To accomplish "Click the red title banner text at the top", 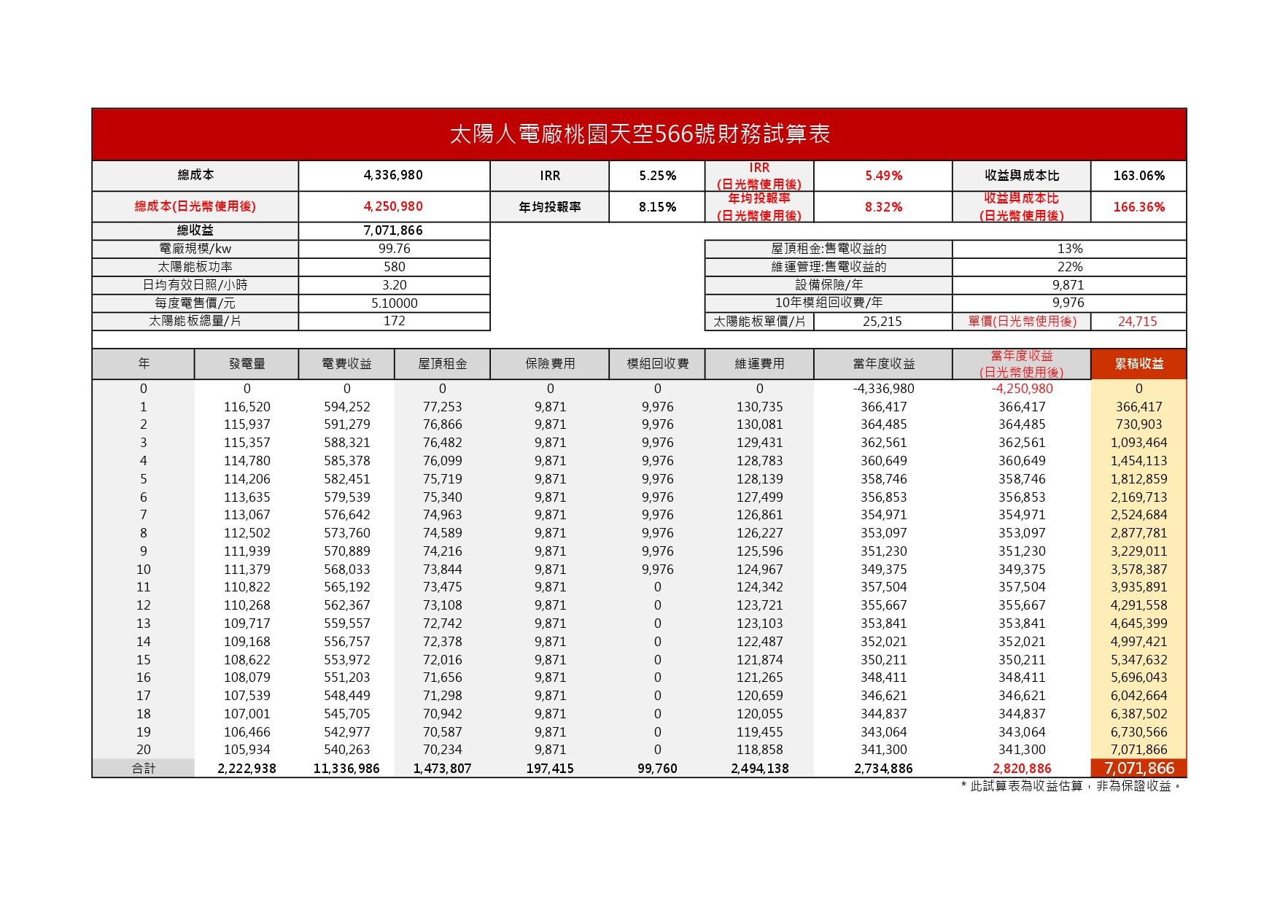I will (639, 134).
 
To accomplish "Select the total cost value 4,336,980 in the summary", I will (393, 175).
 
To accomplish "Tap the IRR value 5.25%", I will (657, 176).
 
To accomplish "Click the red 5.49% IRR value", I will (883, 176).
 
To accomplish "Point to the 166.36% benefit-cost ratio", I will (1139, 207).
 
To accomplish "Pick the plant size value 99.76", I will (394, 249).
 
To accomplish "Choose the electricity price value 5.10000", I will (394, 303).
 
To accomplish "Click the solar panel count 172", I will (394, 321).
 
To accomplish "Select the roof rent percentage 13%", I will (1069, 249).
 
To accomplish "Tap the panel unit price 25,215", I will (882, 322).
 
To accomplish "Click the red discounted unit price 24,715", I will (1137, 322).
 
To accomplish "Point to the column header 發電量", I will (247, 364).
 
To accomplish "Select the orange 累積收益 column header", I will (1139, 364).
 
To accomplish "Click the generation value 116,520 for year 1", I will (247, 407).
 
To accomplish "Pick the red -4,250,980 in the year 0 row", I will (1022, 389).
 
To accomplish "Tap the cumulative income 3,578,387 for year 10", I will (1139, 570).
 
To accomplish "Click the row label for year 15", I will (144, 660).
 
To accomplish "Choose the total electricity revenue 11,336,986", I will (346, 769).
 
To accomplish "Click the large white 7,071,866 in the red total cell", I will (1139, 769).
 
